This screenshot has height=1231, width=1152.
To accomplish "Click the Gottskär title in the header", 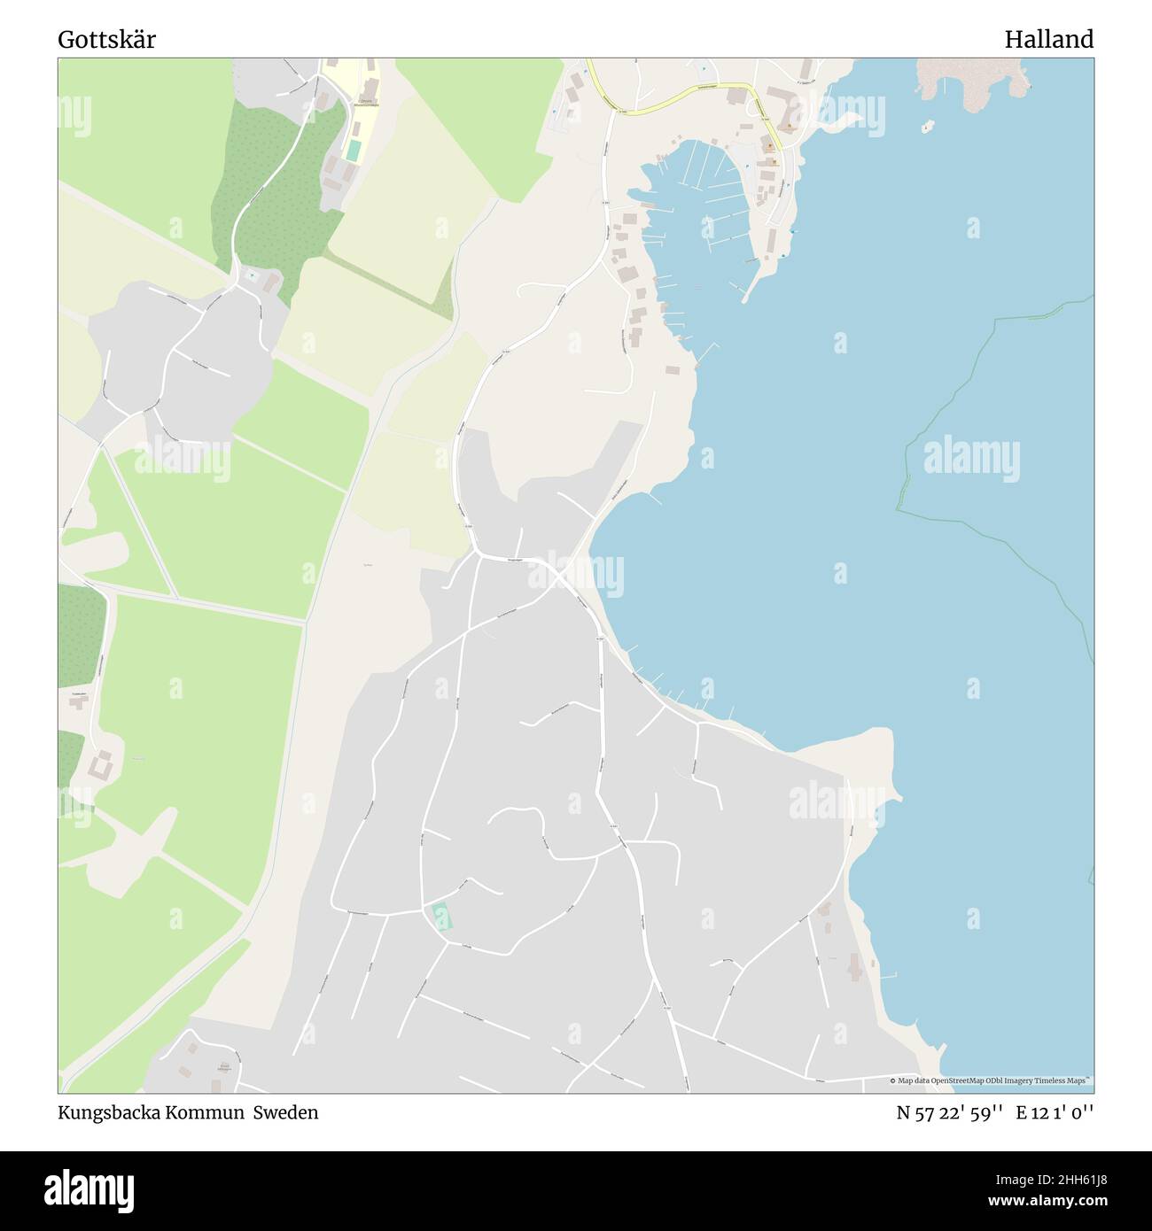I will [106, 40].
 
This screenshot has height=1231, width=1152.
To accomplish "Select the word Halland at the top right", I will [1048, 40].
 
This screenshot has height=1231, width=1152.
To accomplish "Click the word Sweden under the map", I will [285, 1112].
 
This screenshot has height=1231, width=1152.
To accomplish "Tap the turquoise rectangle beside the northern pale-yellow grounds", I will [354, 151].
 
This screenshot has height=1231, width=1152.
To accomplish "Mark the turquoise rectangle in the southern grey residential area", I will [440, 916].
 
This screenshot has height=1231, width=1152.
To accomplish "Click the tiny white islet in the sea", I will [926, 128].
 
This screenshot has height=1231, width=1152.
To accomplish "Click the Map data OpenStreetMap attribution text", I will [992, 1080].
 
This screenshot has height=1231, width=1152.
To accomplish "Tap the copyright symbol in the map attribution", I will [893, 1080].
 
